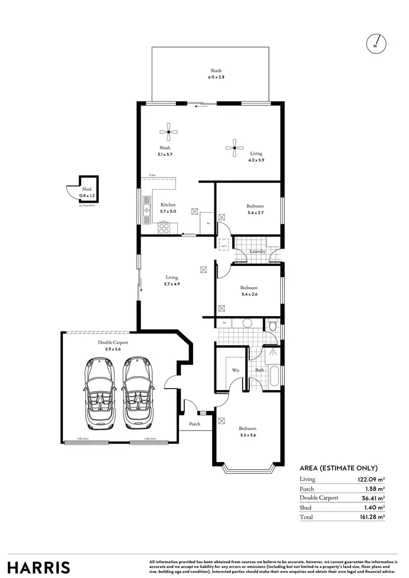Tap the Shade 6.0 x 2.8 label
pos(216,74)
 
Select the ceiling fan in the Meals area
pos(169,131)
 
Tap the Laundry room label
pos(257,252)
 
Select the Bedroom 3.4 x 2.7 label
pos(255,209)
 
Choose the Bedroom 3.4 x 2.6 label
pos(249,291)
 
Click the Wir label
pos(236,370)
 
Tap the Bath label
pos(260,370)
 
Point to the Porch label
pos(195,424)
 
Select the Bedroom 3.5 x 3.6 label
pos(248,431)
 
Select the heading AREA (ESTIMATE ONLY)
pos(339,468)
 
